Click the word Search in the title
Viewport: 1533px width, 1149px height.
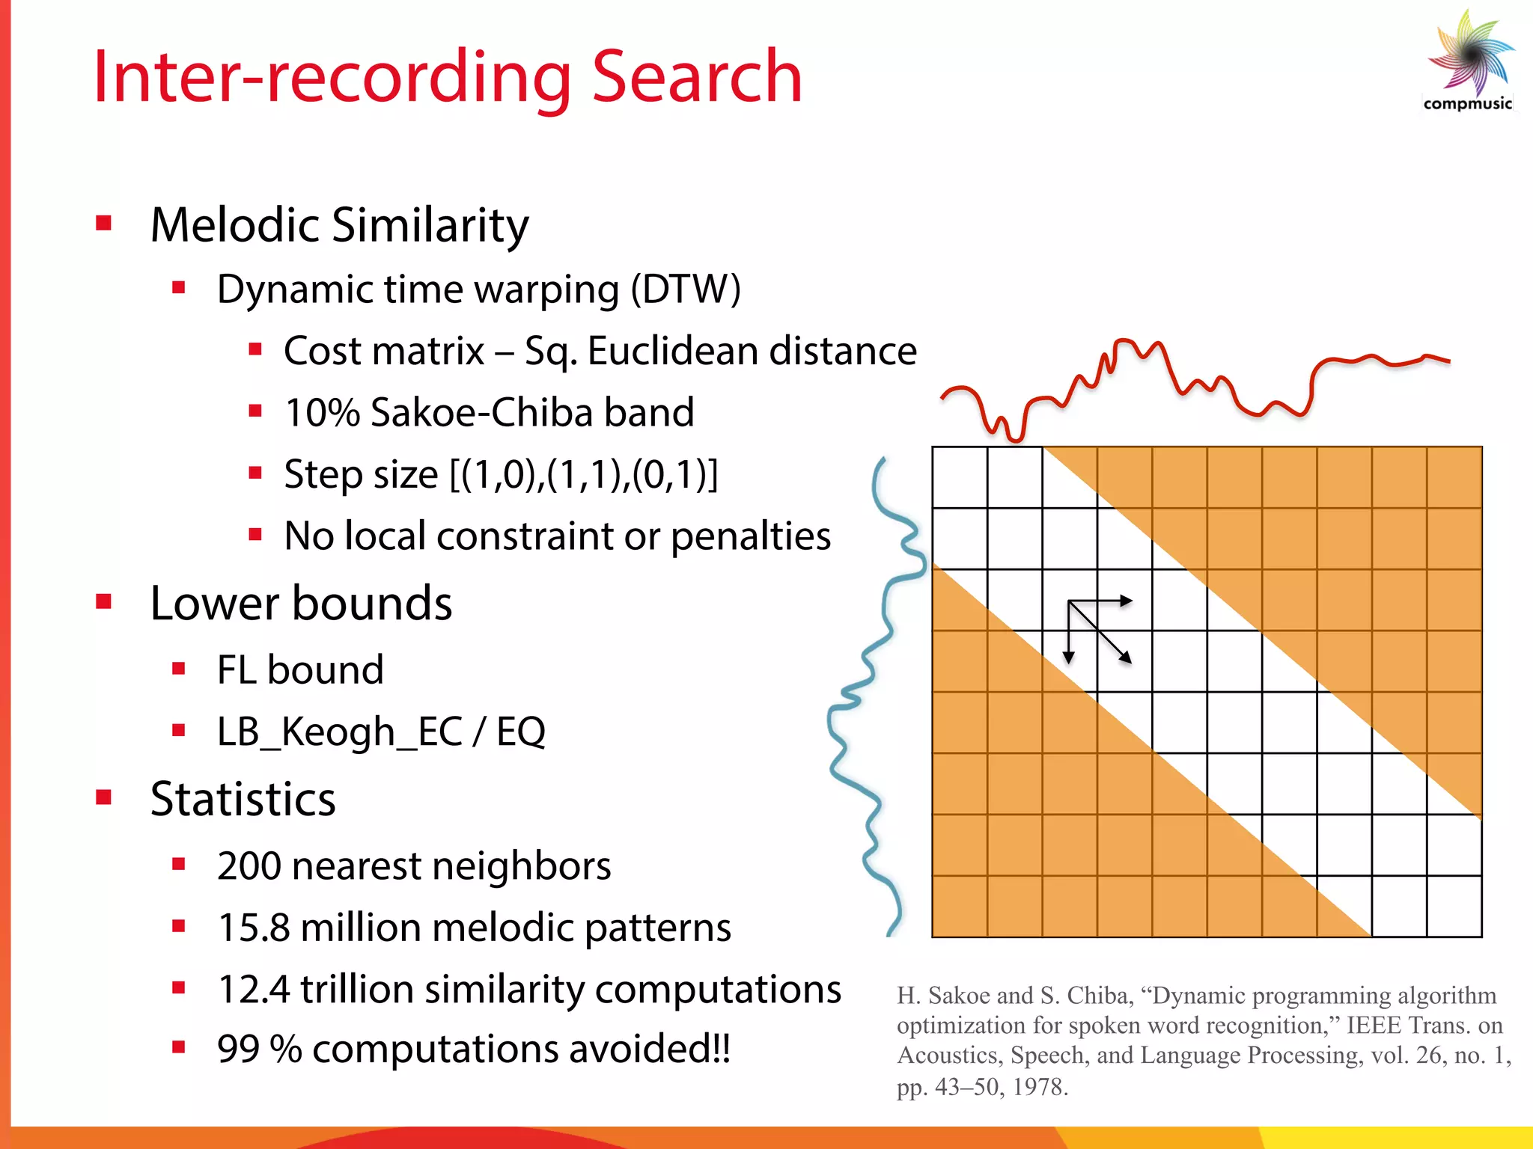pyautogui.click(x=697, y=77)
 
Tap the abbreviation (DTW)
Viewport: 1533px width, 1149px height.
pyautogui.click(x=685, y=289)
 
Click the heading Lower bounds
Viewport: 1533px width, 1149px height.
pyautogui.click(x=301, y=603)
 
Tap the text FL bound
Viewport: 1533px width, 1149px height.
pyautogui.click(x=299, y=670)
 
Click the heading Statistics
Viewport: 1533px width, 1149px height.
pyautogui.click(x=243, y=799)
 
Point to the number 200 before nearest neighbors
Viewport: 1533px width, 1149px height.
pyautogui.click(x=249, y=866)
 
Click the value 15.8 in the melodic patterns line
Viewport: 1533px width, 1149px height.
pyautogui.click(x=253, y=928)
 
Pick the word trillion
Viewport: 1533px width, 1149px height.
pyautogui.click(x=356, y=989)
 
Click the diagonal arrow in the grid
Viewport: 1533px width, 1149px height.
pyautogui.click(x=1100, y=633)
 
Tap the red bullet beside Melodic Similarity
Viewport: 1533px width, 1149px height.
pyautogui.click(x=104, y=223)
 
